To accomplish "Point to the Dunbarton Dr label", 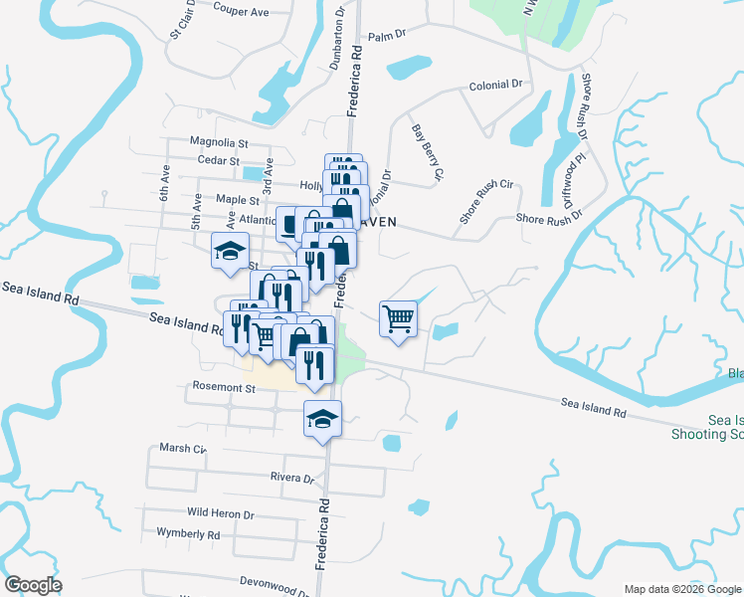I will pos(337,39).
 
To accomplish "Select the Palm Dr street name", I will pos(388,35).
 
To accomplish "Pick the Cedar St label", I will pos(219,160).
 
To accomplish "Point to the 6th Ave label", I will pos(165,182).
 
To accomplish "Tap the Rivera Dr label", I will pos(291,477).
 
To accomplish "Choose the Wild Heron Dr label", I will pos(220,514).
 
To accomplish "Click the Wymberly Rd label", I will pos(188,533).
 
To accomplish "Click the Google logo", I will pos(33,585).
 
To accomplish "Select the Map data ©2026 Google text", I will pos(682,589).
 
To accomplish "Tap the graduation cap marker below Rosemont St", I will pos(322,418).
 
